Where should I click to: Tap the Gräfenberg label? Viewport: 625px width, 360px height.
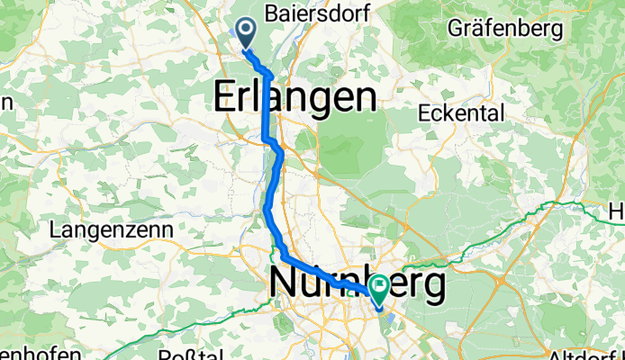[x=505, y=29]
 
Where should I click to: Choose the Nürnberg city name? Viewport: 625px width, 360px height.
[x=358, y=284]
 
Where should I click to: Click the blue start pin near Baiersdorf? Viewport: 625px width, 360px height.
[x=243, y=33]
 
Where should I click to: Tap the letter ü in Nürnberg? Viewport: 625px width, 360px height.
[x=308, y=284]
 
